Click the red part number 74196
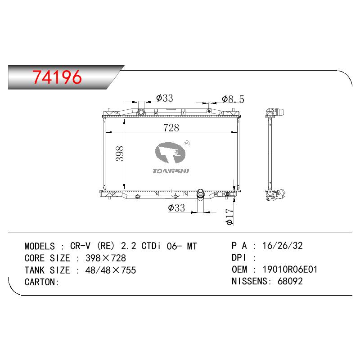(x=57, y=77)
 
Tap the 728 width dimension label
(x=171, y=128)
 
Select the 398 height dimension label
(x=120, y=153)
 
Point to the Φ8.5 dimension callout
(x=233, y=99)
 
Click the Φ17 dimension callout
(x=229, y=216)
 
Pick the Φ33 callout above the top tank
(x=164, y=98)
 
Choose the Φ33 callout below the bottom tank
(x=176, y=208)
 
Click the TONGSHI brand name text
(x=171, y=171)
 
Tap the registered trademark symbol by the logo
(x=187, y=144)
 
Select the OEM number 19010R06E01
(x=290, y=269)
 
